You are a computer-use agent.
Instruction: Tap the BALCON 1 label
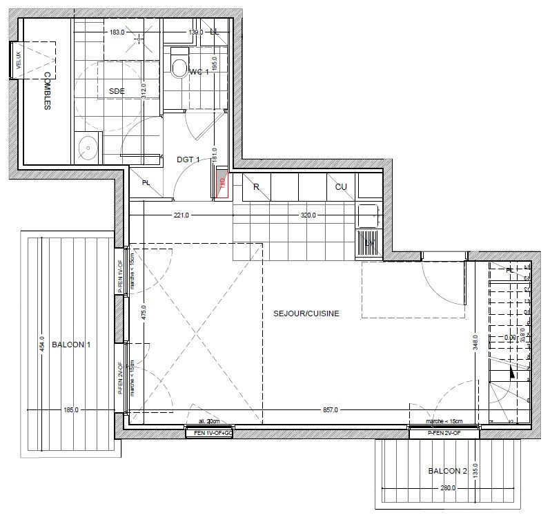[71, 345]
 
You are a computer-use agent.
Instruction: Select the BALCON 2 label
[448, 471]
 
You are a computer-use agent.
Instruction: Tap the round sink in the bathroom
[88, 146]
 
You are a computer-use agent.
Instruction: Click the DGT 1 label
[188, 159]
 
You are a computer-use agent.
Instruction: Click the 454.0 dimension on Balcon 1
[41, 344]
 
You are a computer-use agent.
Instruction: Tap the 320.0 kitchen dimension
[308, 215]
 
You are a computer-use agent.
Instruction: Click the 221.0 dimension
[181, 215]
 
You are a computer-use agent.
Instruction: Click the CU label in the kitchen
[341, 186]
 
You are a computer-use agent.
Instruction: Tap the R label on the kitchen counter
[256, 186]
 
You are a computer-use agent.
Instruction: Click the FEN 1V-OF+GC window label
[209, 432]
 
